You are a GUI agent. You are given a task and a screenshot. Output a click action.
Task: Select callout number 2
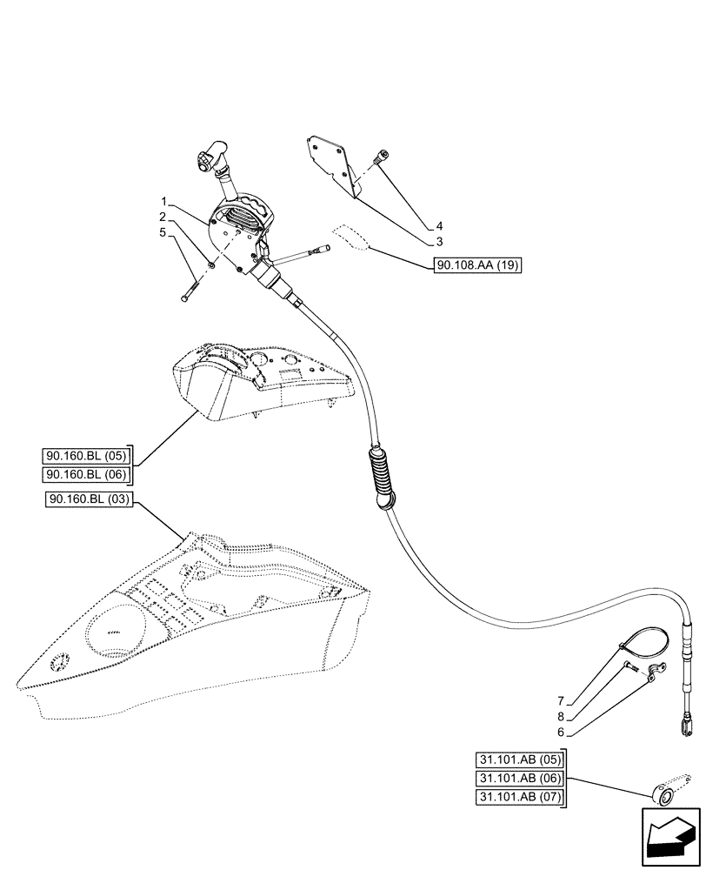[163, 217]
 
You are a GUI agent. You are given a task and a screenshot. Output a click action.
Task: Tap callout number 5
[163, 232]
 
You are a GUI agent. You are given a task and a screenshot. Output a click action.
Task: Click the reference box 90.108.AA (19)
[476, 265]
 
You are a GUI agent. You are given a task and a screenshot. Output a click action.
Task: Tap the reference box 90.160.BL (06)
[85, 474]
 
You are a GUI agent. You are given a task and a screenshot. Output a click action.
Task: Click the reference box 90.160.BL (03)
[85, 499]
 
